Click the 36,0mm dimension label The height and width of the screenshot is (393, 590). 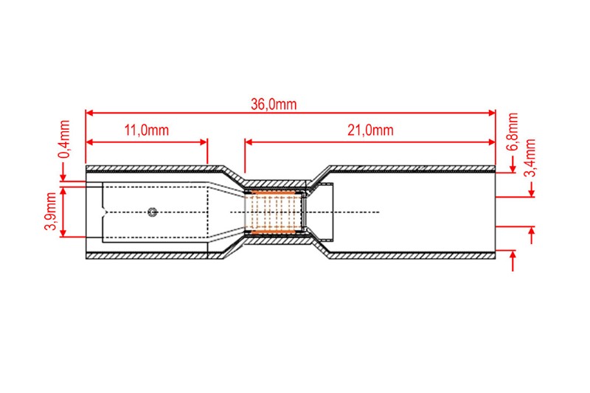tap(274, 104)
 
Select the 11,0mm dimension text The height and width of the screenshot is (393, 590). tap(146, 130)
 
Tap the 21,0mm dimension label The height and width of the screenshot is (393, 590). tap(370, 130)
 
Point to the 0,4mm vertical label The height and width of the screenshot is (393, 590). tap(64, 139)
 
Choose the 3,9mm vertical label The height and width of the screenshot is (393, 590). tap(50, 211)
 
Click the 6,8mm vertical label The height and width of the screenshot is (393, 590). tap(513, 132)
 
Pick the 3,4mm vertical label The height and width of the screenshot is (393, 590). tap(530, 158)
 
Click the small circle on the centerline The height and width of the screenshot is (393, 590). tap(153, 212)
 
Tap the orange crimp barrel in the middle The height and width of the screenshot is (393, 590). tap(273, 212)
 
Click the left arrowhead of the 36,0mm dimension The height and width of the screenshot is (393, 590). tap(89, 113)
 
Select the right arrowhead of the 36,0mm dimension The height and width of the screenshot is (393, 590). tap(491, 113)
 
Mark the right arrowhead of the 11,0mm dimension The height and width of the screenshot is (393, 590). tap(204, 142)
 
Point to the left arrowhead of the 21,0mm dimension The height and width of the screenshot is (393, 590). tap(249, 142)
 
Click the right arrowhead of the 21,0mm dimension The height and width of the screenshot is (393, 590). tap(491, 142)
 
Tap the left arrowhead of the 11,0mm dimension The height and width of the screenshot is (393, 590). tap(89, 142)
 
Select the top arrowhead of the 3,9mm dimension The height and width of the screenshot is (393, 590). tap(63, 191)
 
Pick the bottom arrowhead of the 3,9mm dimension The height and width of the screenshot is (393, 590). tap(63, 233)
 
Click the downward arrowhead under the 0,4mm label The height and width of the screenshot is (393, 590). tap(63, 177)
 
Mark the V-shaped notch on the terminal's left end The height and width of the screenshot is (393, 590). tap(105, 212)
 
